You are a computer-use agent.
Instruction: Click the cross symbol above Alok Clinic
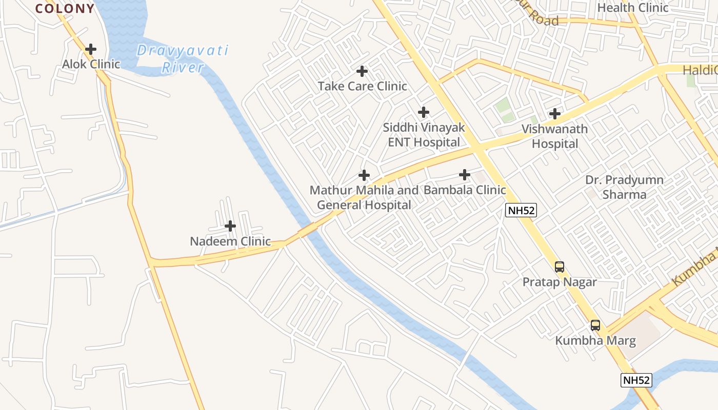pyautogui.click(x=91, y=49)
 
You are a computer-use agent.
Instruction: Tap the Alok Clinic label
pyautogui.click(x=91, y=64)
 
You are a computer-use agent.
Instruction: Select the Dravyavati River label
pyautogui.click(x=183, y=59)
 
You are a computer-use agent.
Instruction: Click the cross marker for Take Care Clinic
pyautogui.click(x=362, y=71)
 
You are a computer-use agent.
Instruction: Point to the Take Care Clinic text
pyautogui.click(x=362, y=86)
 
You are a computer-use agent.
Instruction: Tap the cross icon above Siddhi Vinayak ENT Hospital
pyautogui.click(x=424, y=112)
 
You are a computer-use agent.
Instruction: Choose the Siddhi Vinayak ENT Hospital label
pyautogui.click(x=424, y=134)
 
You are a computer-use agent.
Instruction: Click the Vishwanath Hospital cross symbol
pyautogui.click(x=555, y=114)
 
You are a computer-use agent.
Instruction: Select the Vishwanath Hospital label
pyautogui.click(x=555, y=136)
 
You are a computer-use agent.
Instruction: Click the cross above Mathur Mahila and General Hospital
pyautogui.click(x=364, y=175)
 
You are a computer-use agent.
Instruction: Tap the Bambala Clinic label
pyautogui.click(x=465, y=190)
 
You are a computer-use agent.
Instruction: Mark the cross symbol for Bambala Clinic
pyautogui.click(x=465, y=175)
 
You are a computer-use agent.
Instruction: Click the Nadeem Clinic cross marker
pyautogui.click(x=230, y=225)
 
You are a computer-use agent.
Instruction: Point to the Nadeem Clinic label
pyautogui.click(x=230, y=241)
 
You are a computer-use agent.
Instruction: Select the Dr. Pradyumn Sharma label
pyautogui.click(x=624, y=187)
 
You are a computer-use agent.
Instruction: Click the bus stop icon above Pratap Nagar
pyautogui.click(x=560, y=266)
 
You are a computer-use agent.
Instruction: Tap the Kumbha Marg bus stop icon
pyautogui.click(x=595, y=325)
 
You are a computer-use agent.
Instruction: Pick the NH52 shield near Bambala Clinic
pyautogui.click(x=521, y=210)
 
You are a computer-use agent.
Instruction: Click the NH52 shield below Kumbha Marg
pyautogui.click(x=636, y=380)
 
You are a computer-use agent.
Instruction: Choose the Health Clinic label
pyautogui.click(x=633, y=8)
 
